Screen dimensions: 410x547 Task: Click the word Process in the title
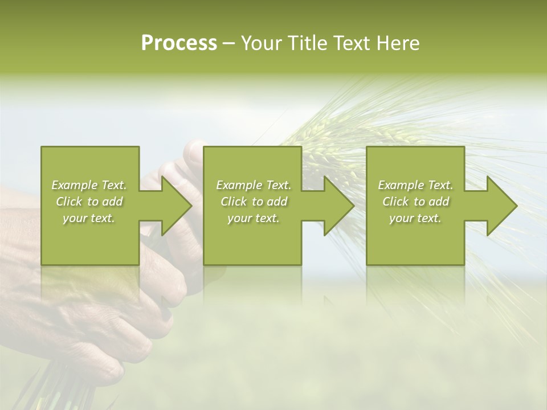(x=179, y=43)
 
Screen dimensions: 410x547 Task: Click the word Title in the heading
(x=308, y=43)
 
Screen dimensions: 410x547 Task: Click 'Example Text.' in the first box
(x=89, y=185)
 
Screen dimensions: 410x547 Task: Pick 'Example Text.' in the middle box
(x=254, y=185)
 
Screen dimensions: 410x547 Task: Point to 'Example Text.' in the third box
(x=415, y=185)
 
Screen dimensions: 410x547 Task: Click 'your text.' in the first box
(x=89, y=219)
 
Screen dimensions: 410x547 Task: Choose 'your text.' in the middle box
(x=254, y=219)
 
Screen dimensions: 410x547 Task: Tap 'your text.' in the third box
(x=415, y=219)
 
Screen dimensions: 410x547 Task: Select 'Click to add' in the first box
(x=89, y=202)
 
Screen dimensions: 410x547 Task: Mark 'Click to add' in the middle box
(x=254, y=202)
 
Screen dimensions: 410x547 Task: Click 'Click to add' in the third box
(x=415, y=202)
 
